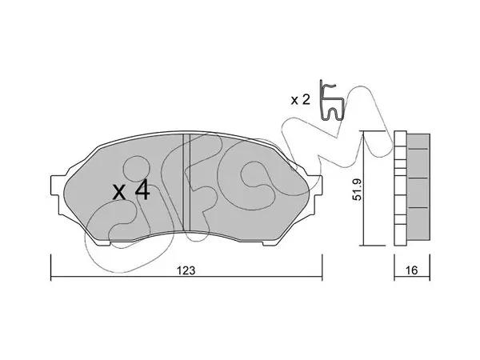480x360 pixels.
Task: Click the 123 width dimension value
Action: click(186, 270)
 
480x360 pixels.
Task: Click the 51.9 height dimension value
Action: click(358, 190)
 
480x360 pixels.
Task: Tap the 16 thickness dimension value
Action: click(412, 270)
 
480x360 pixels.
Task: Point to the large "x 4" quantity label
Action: click(131, 190)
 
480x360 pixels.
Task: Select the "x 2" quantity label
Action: click(300, 100)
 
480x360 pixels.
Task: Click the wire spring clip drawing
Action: click(332, 101)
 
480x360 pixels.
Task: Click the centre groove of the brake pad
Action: click(186, 182)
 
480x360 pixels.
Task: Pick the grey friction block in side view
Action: click(418, 186)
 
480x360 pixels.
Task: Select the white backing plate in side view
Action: click(401, 188)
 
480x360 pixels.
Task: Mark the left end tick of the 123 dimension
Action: click(51, 267)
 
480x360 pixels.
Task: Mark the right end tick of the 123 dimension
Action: click(322, 267)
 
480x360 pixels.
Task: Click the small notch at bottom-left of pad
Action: click(104, 244)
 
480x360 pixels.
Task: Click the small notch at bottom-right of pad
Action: click(269, 244)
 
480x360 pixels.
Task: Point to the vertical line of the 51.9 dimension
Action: click(363, 188)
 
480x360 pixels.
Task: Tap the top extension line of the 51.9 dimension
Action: click(374, 131)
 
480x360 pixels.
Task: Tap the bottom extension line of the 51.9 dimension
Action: click(374, 246)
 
